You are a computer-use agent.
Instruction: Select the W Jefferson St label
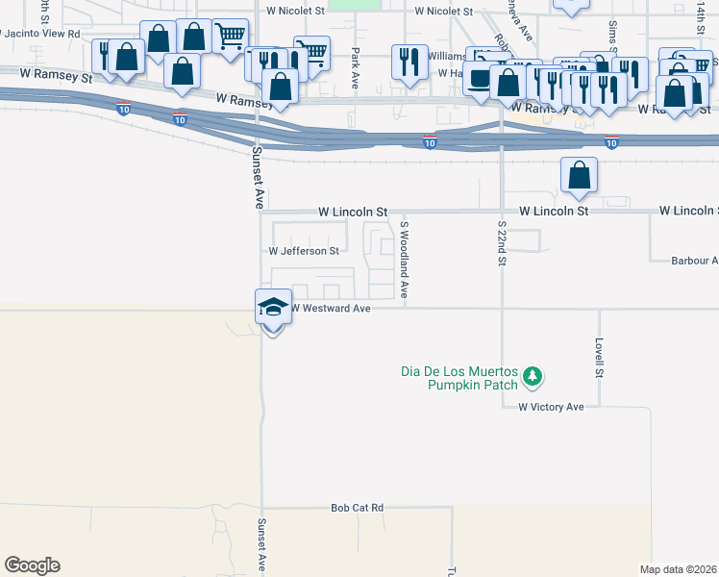pyautogui.click(x=304, y=251)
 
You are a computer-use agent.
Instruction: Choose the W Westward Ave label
pyautogui.click(x=330, y=309)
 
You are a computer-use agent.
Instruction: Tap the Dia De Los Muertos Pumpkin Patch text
pyautogui.click(x=459, y=378)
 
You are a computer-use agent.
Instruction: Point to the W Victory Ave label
pyautogui.click(x=551, y=407)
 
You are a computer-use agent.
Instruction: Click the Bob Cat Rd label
pyautogui.click(x=357, y=507)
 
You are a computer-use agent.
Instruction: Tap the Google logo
pyautogui.click(x=31, y=565)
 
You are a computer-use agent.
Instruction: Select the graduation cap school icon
pyautogui.click(x=273, y=307)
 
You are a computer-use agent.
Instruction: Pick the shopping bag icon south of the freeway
pyautogui.click(x=579, y=175)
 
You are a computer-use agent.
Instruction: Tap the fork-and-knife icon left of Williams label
pyautogui.click(x=409, y=62)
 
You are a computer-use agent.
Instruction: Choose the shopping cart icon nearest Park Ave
pyautogui.click(x=311, y=53)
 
